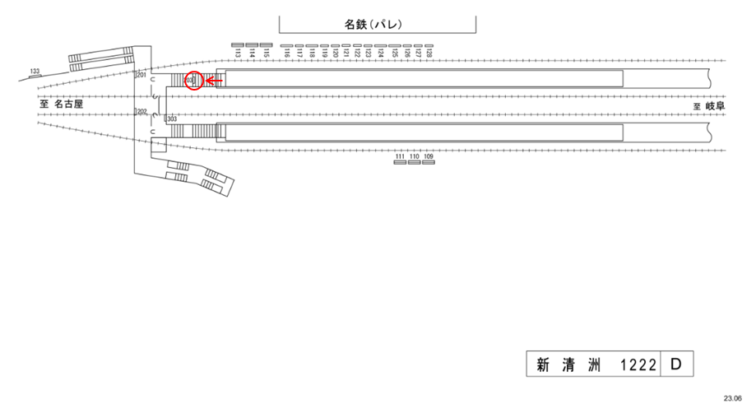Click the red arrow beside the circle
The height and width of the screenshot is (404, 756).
pos(214,81)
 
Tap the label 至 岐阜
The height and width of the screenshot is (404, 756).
pos(708,106)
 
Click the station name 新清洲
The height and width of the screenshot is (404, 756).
pos(563,363)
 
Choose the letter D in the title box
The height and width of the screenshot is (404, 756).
pos(676,362)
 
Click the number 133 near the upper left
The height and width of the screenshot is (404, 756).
pos(35,72)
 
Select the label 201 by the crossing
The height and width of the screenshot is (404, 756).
pos(141,76)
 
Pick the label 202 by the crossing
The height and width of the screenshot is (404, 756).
pos(141,112)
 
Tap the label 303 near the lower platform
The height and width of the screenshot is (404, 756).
pos(172,119)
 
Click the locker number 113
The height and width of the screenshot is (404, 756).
pos(238,53)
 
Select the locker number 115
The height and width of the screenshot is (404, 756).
pos(265,53)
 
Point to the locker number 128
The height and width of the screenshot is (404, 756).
pos(429,53)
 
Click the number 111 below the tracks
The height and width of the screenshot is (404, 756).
pos(401,156)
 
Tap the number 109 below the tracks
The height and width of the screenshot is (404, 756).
pos(428,156)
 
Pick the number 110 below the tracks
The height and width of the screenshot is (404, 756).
pos(415,156)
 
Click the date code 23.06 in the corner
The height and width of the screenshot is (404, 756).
pos(732,397)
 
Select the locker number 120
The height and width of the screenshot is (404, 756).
pos(336,53)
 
